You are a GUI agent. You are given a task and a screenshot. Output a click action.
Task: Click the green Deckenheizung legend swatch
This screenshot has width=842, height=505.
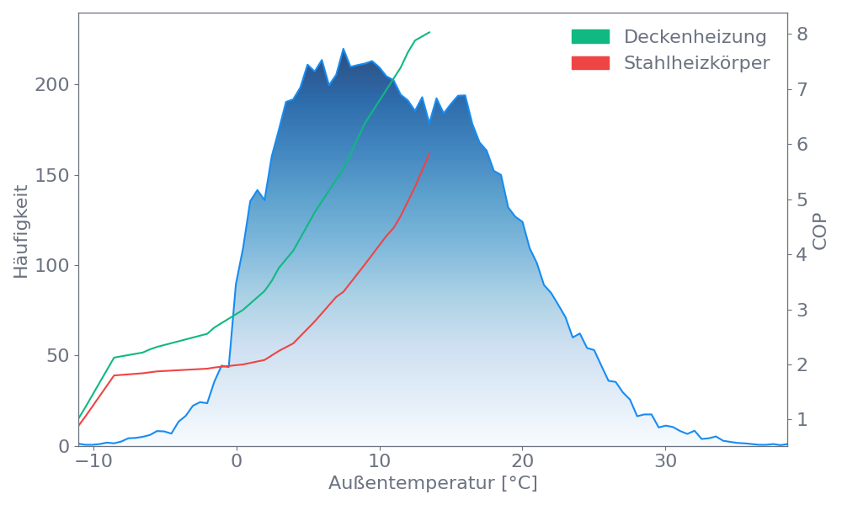click(590, 37)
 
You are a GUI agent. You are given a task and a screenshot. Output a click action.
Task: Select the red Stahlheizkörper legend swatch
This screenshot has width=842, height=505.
click(590, 63)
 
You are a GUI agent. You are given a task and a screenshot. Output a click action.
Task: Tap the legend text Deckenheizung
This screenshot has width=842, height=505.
click(695, 37)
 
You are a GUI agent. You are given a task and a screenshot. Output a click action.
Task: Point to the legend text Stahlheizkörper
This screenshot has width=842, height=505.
click(696, 63)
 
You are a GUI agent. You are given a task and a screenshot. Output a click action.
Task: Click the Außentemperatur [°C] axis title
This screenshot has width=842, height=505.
click(432, 484)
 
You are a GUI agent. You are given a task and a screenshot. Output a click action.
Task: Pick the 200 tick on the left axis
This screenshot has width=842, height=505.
click(54, 85)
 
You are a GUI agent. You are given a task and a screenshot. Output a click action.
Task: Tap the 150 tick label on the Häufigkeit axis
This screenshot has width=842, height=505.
click(54, 175)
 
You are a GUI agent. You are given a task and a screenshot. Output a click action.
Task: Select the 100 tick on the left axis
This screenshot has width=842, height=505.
click(54, 265)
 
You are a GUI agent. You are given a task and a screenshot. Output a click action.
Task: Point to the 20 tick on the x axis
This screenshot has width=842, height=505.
click(522, 462)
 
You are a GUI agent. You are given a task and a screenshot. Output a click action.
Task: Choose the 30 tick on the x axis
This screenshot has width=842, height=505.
click(665, 462)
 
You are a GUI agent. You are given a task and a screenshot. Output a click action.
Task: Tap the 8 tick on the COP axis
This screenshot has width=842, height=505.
click(802, 35)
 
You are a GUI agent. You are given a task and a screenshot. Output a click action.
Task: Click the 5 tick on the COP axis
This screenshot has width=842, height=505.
click(802, 199)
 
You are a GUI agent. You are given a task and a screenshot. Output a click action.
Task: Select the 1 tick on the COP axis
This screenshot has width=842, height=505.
click(802, 419)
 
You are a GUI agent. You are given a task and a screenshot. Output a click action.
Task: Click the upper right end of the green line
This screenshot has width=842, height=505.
click(430, 32)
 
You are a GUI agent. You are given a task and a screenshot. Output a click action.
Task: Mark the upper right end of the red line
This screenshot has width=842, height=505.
click(430, 152)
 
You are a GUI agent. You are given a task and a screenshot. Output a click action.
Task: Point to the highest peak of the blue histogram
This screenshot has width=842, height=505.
click(344, 49)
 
